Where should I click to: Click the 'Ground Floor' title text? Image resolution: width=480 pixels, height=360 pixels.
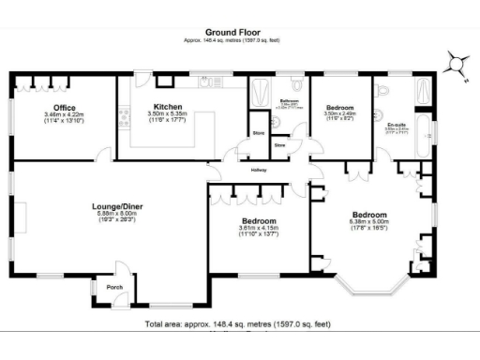[239, 31]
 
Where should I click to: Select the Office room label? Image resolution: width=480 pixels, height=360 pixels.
[64, 108]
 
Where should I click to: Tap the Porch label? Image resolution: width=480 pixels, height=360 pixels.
[114, 287]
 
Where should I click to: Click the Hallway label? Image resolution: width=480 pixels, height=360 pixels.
[259, 170]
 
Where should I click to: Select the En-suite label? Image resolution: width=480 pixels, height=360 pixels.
[397, 123]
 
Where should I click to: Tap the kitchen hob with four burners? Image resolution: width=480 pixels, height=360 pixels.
[123, 117]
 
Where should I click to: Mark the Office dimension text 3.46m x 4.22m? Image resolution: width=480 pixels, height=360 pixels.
[64, 115]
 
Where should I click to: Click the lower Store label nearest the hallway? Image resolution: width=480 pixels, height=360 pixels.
[279, 146]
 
